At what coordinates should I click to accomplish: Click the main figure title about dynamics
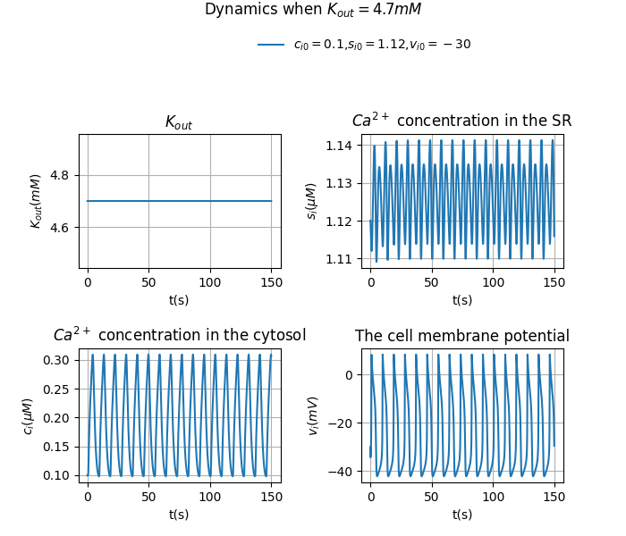click(312, 10)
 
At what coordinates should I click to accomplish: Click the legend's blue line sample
click(271, 45)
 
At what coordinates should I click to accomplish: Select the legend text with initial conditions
click(382, 45)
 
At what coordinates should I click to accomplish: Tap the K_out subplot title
click(179, 122)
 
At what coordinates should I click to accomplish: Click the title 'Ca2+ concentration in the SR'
click(461, 121)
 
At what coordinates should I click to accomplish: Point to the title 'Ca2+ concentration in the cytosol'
click(179, 336)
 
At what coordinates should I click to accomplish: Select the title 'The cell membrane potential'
click(461, 337)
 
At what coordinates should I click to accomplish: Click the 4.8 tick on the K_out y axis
click(62, 175)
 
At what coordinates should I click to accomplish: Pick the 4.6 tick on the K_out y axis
click(62, 228)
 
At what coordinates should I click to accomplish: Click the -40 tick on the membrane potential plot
click(342, 471)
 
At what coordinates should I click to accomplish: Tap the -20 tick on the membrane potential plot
click(342, 423)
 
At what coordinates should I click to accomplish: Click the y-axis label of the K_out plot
click(37, 201)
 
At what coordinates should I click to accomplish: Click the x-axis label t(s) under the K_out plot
click(179, 300)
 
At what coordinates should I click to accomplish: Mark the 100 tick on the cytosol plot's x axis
click(210, 498)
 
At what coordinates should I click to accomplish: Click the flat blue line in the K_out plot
click(179, 201)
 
